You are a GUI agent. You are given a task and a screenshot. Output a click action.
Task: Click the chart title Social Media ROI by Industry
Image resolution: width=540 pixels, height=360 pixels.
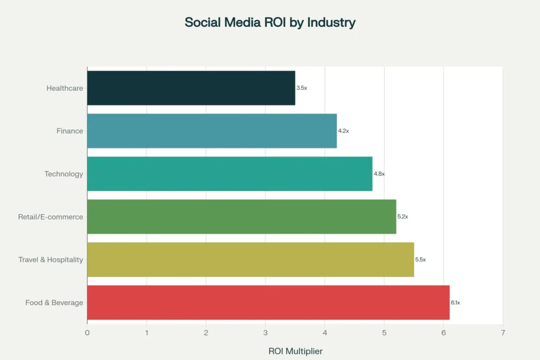(270, 23)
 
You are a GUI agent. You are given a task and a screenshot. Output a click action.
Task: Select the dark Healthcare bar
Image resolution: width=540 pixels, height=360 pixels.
(191, 88)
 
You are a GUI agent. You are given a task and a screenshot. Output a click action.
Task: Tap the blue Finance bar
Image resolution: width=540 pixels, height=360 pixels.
(211, 131)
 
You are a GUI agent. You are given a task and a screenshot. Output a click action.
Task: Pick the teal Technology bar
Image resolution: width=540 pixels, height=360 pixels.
(229, 174)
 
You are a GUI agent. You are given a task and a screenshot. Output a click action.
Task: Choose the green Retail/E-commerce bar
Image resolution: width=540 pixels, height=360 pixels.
(241, 217)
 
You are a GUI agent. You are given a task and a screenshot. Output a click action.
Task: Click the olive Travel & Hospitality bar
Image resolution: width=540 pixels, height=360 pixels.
(250, 259)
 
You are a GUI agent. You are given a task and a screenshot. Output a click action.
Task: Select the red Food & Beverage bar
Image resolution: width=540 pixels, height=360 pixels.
(268, 302)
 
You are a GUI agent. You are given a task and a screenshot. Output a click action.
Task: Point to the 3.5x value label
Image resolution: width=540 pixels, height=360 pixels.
(302, 88)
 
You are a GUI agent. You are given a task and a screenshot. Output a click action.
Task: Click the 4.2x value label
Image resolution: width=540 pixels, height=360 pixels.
(343, 131)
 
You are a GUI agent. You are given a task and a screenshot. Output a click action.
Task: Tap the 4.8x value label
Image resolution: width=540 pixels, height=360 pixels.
(379, 174)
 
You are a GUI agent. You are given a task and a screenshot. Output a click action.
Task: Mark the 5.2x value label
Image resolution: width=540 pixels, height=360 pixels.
(403, 217)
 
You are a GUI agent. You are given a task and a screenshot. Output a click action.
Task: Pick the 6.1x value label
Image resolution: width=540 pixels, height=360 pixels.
(455, 302)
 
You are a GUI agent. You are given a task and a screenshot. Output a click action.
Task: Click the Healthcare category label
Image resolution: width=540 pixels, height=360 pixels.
(65, 88)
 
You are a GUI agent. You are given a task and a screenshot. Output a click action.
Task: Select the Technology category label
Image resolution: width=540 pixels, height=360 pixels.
(63, 174)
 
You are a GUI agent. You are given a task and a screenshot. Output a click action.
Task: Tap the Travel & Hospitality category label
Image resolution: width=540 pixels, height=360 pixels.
(50, 259)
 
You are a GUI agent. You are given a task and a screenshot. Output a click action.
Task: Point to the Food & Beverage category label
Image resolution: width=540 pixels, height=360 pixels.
(54, 302)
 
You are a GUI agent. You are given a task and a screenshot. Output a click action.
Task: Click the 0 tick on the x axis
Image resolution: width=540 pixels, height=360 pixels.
(87, 332)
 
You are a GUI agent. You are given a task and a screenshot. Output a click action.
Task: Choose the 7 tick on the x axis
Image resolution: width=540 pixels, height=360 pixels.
(503, 332)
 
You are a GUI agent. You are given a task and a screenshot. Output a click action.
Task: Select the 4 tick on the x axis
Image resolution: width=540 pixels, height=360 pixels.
(325, 332)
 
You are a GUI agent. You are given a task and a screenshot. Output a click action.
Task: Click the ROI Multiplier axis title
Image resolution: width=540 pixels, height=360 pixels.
(295, 351)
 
